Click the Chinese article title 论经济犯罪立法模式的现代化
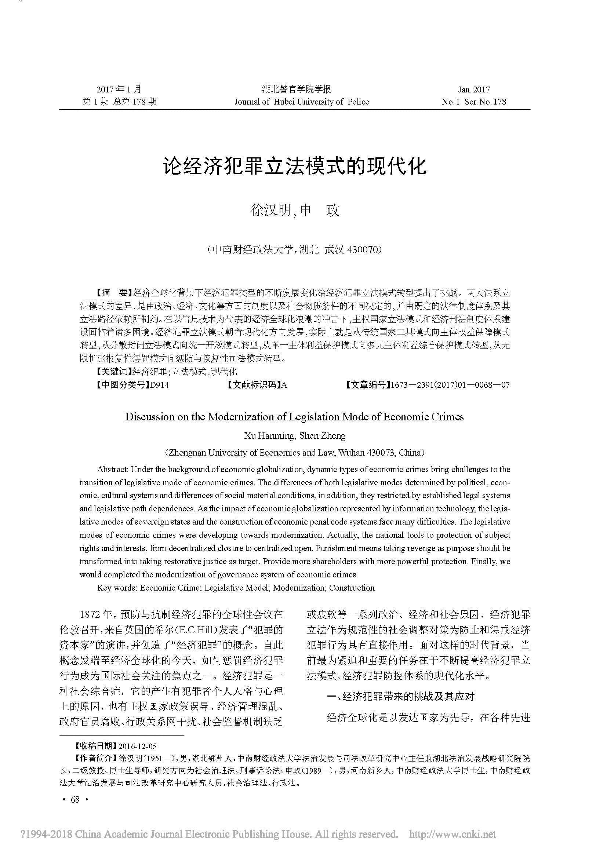pyautogui.click(x=294, y=166)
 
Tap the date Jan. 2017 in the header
pyautogui.click(x=473, y=90)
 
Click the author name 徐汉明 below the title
pyautogui.click(x=270, y=211)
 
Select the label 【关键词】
pyautogui.click(x=112, y=372)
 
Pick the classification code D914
pyautogui.click(x=159, y=385)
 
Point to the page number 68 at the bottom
pyautogui.click(x=75, y=800)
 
